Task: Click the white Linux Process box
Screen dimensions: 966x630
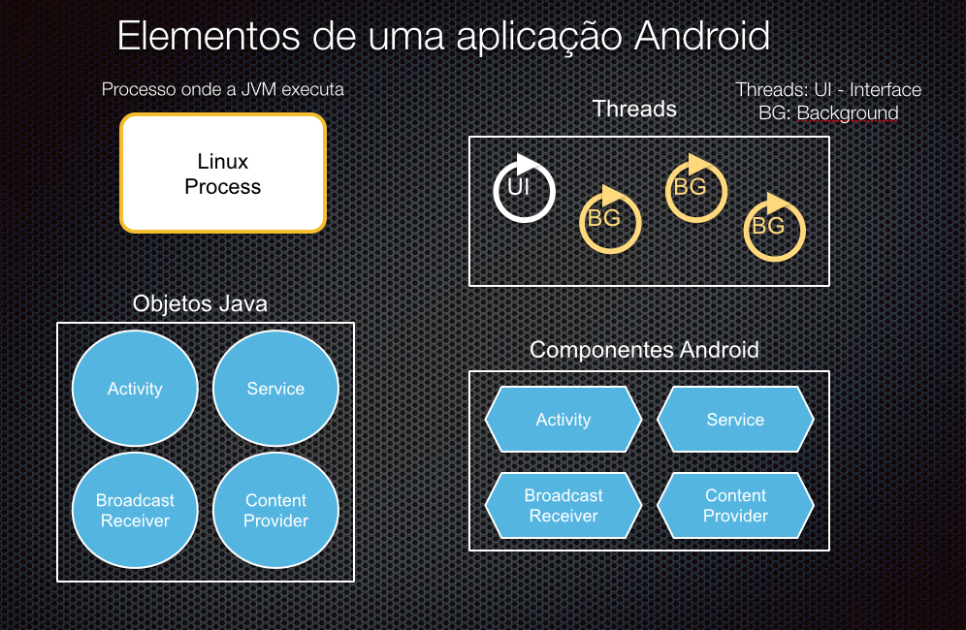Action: point(223,173)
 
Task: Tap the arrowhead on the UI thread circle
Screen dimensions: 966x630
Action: point(527,164)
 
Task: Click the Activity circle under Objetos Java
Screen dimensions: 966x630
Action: point(135,388)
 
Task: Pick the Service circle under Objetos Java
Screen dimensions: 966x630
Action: point(275,388)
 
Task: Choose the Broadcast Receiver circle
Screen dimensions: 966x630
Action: point(135,510)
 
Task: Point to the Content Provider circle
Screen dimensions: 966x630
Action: point(275,510)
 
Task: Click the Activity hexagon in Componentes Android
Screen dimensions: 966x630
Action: point(563,420)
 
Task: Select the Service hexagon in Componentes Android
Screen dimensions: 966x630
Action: point(735,420)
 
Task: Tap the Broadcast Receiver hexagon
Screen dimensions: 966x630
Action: point(563,506)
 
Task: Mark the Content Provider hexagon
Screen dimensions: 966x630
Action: point(735,506)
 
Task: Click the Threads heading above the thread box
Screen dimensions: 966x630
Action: point(634,109)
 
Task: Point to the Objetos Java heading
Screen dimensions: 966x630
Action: point(200,303)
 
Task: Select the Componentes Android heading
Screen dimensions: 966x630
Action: point(644,350)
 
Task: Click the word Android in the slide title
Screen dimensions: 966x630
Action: point(702,36)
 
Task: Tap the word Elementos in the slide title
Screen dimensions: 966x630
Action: point(209,36)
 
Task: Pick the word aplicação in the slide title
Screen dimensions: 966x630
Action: point(539,37)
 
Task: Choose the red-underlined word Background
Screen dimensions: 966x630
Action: point(848,113)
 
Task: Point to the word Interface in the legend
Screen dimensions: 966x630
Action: point(885,90)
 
